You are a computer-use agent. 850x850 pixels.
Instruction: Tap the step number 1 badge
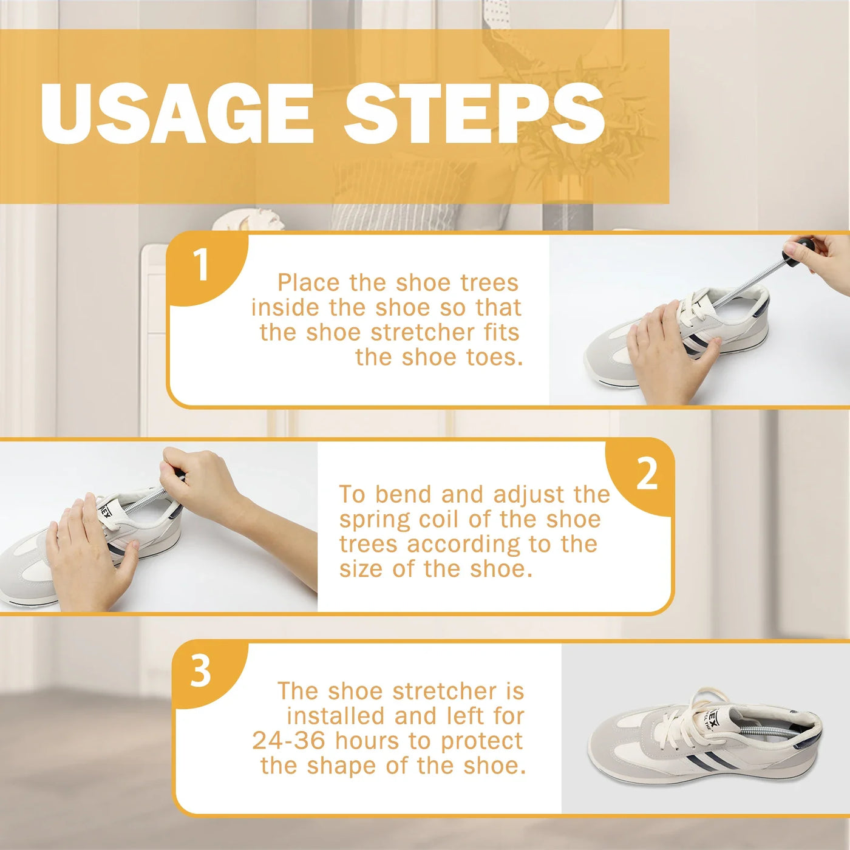(x=202, y=265)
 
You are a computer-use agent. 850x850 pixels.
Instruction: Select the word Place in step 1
(x=308, y=283)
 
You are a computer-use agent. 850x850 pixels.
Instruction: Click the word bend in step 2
(x=403, y=494)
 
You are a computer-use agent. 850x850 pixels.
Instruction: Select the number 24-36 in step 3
(x=288, y=741)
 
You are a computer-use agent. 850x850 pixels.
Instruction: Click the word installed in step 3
(x=336, y=716)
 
